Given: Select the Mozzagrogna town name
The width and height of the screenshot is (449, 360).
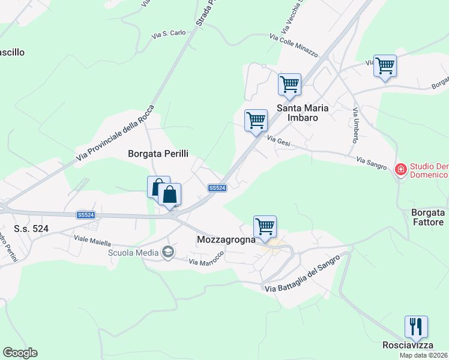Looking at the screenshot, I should point(224,239).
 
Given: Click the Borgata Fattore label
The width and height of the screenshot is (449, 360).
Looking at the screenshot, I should point(427,217).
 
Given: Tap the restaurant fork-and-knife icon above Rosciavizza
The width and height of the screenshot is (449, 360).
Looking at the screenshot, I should point(416,327).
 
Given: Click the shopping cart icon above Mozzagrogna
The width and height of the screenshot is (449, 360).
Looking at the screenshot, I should point(265,227).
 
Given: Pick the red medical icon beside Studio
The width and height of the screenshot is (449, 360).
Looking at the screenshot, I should point(400,170).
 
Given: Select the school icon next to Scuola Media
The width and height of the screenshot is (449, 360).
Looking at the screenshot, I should point(168,252).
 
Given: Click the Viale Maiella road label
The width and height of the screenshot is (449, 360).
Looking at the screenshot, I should point(92,242).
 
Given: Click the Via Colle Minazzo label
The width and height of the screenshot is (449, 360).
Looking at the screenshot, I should point(294,45).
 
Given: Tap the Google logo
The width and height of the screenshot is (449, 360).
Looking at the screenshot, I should point(20,353).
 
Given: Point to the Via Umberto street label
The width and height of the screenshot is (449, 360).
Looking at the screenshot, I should point(355,125).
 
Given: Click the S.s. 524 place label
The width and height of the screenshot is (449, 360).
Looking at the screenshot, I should point(31,229).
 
